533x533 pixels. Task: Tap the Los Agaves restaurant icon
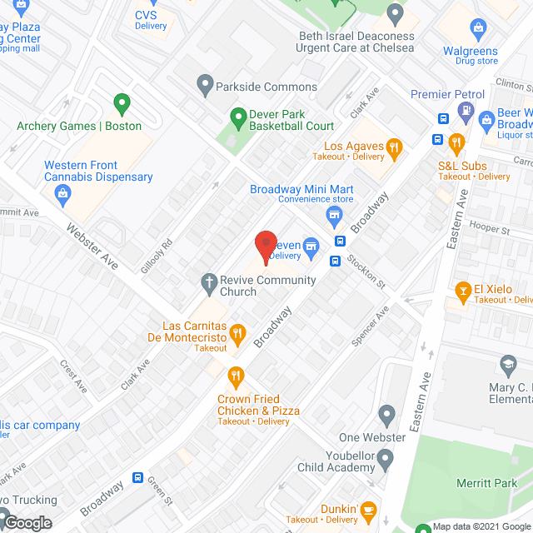tap(395, 149)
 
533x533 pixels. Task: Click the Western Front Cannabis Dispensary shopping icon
tap(62, 194)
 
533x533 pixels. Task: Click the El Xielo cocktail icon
tap(463, 290)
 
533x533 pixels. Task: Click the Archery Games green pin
tap(122, 105)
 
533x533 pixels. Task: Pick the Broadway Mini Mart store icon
tap(335, 217)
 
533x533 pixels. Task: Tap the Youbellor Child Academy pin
tap(385, 457)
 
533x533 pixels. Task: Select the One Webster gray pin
tap(386, 414)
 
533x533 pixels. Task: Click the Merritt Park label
tap(486, 484)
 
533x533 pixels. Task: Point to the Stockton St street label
tap(366, 270)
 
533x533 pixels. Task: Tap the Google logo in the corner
tap(27, 522)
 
